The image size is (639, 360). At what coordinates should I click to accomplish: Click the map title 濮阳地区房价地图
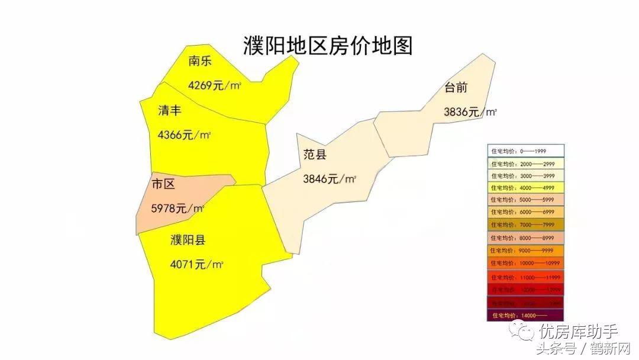click(328, 46)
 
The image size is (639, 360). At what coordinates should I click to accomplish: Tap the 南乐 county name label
click(200, 61)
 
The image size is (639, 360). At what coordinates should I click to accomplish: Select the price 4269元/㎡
click(214, 85)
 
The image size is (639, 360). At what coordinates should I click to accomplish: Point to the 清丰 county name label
click(169, 110)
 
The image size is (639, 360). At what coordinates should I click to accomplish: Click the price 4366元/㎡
click(184, 135)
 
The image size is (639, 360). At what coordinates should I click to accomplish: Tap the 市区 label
click(163, 184)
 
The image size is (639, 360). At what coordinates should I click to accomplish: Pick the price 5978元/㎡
click(177, 208)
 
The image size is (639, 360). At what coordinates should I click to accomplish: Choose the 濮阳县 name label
click(188, 240)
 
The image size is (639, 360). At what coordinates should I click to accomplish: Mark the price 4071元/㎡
click(196, 265)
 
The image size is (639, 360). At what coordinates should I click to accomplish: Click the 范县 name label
click(315, 155)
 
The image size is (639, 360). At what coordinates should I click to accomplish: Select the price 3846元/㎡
click(330, 179)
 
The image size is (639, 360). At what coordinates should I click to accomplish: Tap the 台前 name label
click(456, 88)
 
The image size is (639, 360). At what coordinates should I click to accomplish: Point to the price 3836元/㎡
click(470, 112)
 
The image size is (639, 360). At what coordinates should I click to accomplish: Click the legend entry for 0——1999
click(525, 151)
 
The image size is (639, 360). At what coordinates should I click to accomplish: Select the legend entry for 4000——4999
click(525, 188)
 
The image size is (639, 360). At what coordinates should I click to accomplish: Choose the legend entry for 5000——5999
click(525, 200)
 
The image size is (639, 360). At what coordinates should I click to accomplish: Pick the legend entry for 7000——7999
click(525, 225)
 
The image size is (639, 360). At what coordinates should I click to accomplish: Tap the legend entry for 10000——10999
click(525, 262)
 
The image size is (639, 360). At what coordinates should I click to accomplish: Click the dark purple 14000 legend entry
click(525, 315)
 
